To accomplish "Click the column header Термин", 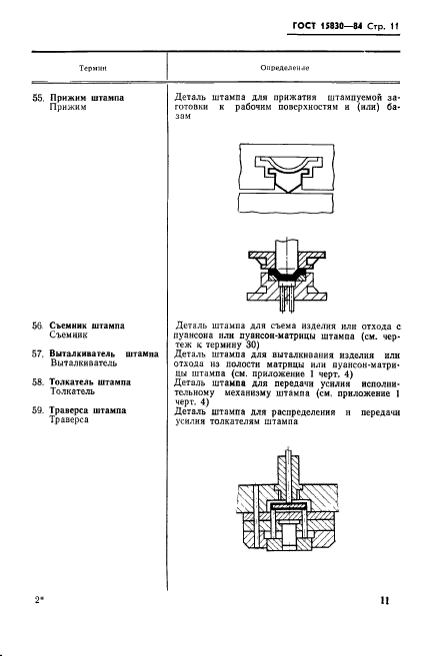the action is [x=93, y=68].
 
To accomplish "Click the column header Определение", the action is [x=284, y=68].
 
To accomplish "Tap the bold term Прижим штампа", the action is [x=87, y=98].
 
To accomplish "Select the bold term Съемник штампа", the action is [x=87, y=326].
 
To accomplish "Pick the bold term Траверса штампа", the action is [x=88, y=410].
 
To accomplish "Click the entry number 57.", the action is [x=37, y=353].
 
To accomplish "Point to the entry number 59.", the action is [x=37, y=410].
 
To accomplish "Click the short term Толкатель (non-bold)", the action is [x=72, y=391].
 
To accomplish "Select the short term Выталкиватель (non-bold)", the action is [x=83, y=363].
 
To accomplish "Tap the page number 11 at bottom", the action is [x=385, y=600].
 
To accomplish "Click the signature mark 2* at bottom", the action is [x=39, y=600].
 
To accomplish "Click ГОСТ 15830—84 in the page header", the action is [x=327, y=26].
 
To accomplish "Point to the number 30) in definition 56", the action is [x=251, y=345].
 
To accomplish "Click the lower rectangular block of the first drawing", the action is [x=286, y=203].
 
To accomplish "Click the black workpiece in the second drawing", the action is [x=287, y=277].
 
